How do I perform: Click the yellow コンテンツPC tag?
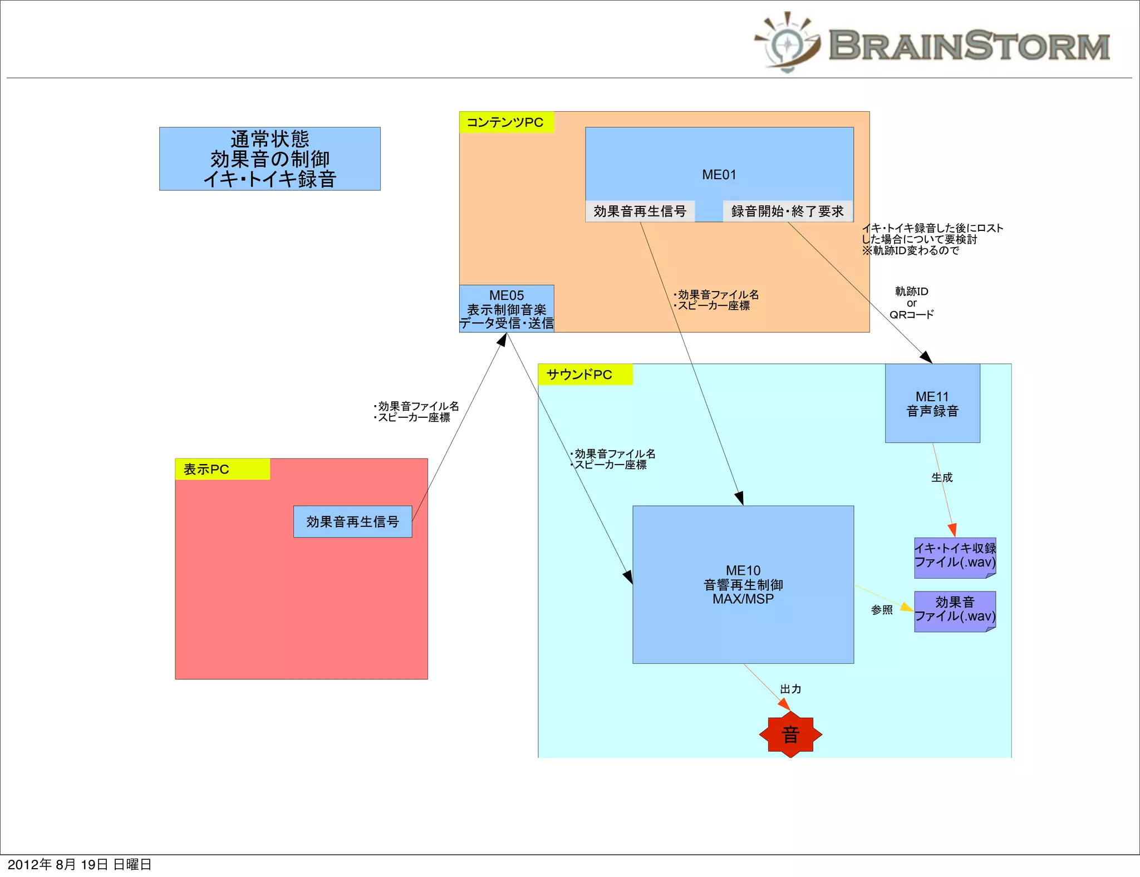coord(506,122)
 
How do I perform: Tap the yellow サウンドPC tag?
coord(584,375)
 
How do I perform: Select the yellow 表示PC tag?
coord(222,469)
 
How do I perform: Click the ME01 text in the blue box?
coord(719,175)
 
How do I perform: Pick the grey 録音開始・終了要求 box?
coord(787,211)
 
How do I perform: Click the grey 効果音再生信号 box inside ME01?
coord(640,211)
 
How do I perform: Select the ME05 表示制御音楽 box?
coord(507,309)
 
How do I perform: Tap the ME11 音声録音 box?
coord(932,403)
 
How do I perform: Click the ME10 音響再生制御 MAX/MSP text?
coord(743,585)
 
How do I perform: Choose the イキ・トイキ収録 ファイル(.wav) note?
coord(955,556)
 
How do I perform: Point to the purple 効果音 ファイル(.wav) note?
coord(955,610)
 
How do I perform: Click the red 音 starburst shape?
coord(790,735)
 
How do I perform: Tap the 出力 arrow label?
coord(790,689)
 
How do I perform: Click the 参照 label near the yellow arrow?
coord(882,610)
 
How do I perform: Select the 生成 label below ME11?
coord(942,477)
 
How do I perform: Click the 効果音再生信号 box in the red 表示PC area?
coord(352,521)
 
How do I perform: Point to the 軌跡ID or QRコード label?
coord(911,303)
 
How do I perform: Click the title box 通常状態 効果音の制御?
coord(270,159)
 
